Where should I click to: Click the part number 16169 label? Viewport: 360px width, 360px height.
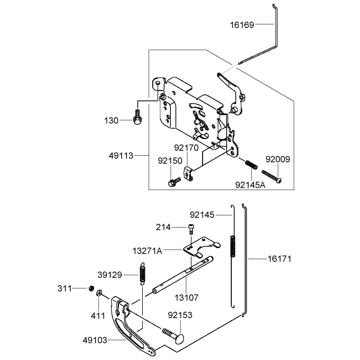(x=242, y=25)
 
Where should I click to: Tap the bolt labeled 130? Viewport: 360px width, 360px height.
(x=137, y=117)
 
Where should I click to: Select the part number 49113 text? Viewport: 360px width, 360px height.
(x=121, y=156)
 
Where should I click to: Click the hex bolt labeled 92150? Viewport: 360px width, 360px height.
(x=175, y=182)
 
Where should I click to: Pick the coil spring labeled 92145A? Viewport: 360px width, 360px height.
(x=252, y=164)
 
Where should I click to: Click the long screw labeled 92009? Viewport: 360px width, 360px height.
(x=272, y=176)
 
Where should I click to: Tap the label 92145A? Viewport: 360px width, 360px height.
(x=250, y=185)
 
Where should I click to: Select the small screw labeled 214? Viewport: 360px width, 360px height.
(x=191, y=229)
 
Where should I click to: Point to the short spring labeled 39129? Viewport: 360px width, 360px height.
(x=142, y=274)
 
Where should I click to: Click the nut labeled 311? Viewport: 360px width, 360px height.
(x=91, y=288)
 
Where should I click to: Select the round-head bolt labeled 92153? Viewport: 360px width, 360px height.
(x=174, y=335)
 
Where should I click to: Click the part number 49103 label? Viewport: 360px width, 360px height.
(x=95, y=340)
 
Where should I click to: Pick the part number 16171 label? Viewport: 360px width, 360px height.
(x=280, y=259)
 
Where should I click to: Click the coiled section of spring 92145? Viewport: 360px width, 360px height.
(x=233, y=247)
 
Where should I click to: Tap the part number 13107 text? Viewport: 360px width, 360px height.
(x=187, y=298)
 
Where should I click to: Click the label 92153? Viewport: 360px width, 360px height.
(x=180, y=315)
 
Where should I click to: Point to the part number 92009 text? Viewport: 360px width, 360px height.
(x=278, y=159)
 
